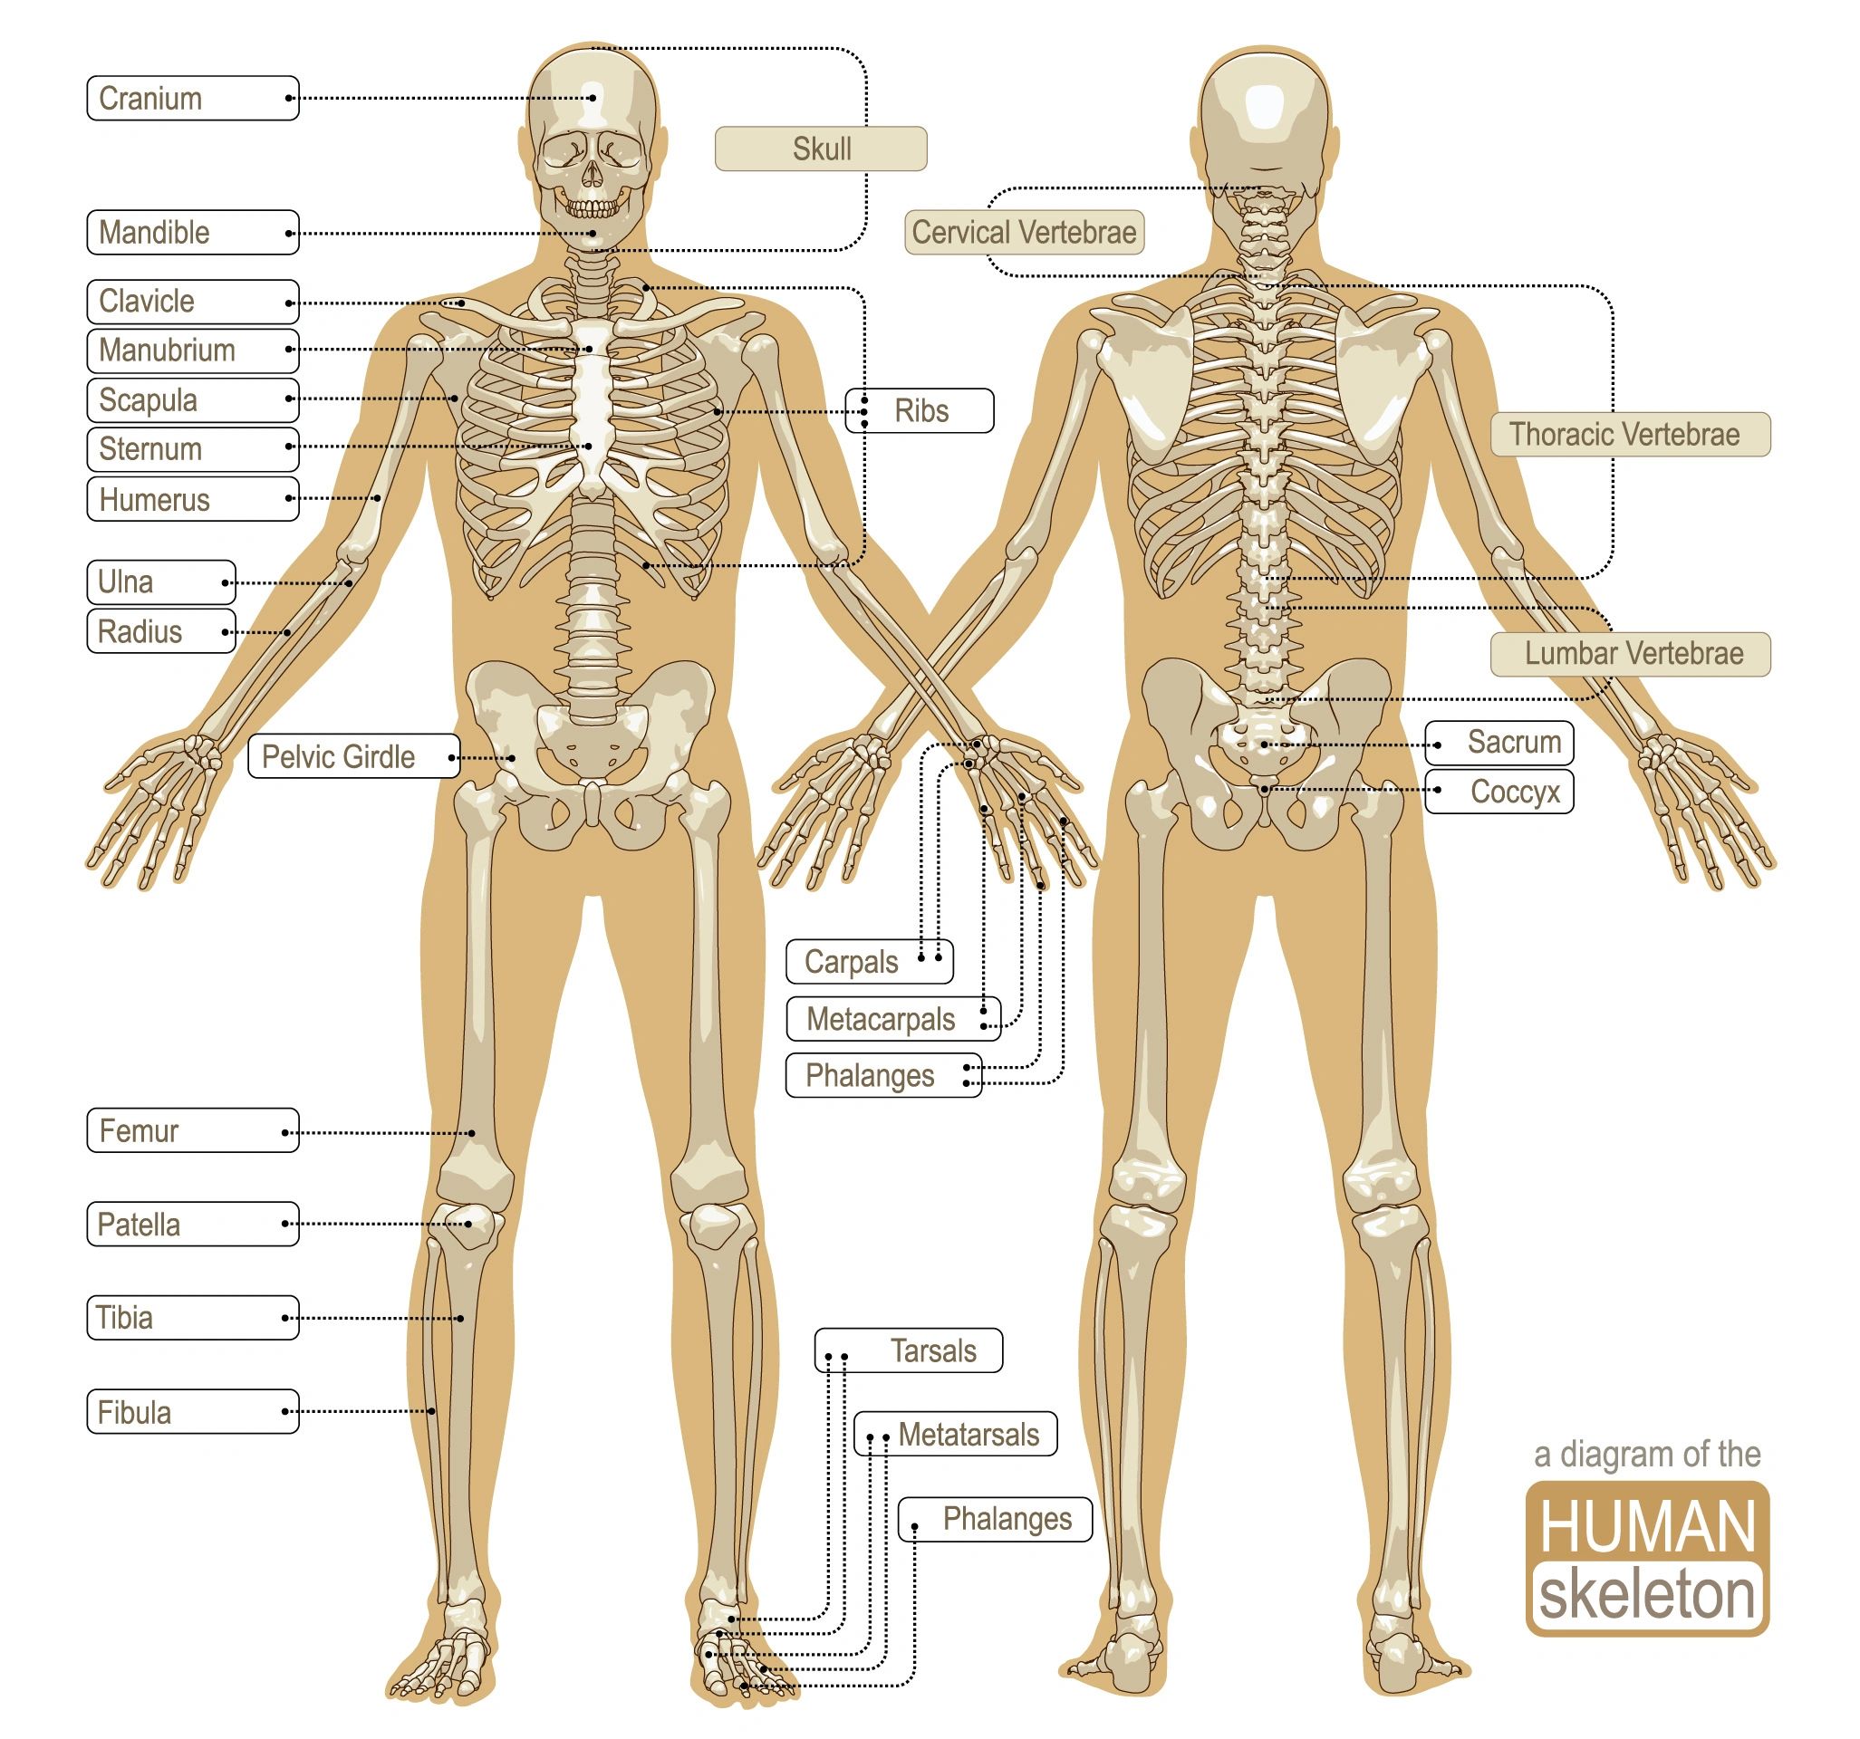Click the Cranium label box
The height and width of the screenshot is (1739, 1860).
193,98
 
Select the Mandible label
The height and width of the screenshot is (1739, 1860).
193,232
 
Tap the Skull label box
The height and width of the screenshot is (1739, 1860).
821,149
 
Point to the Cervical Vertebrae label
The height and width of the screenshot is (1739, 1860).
1024,232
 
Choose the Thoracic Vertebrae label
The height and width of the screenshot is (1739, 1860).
1630,434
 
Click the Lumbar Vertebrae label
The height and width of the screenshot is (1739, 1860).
1630,653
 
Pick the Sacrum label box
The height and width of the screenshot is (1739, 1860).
1499,743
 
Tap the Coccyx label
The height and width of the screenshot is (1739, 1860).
1499,792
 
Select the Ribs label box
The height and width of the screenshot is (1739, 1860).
919,410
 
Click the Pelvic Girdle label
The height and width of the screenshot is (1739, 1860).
353,756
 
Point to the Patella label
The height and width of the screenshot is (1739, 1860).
193,1224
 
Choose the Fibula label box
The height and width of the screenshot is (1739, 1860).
193,1410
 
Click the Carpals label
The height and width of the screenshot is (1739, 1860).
869,962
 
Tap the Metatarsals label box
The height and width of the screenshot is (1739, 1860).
955,1434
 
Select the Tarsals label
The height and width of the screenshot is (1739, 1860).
909,1350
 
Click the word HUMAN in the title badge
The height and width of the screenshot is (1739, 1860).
1648,1528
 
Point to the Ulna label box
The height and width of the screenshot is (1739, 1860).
161,581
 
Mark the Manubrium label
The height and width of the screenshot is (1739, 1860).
193,350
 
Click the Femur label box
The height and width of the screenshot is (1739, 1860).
193,1130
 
